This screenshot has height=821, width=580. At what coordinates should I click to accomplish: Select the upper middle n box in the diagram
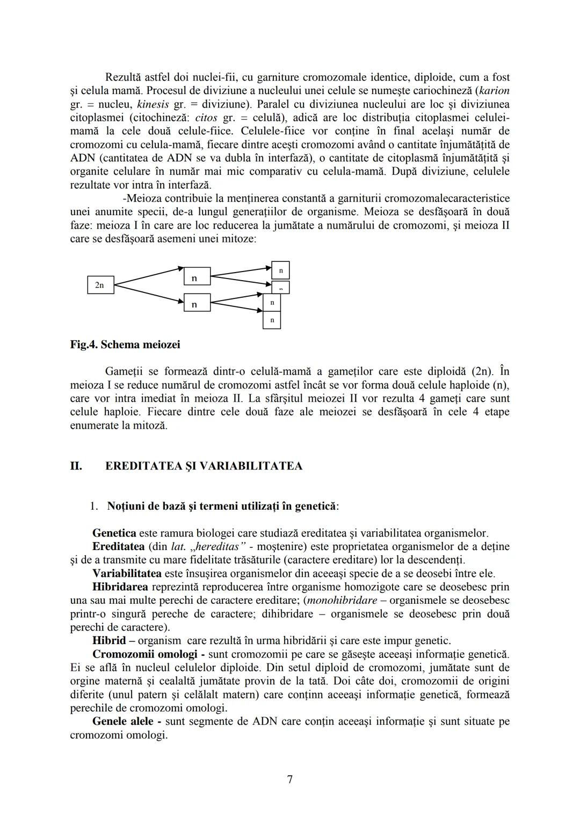click(x=197, y=276)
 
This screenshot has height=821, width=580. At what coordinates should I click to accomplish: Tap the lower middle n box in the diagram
click(x=197, y=303)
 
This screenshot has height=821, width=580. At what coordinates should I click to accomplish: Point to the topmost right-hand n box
click(x=280, y=270)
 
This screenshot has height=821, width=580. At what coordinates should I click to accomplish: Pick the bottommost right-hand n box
click(x=272, y=320)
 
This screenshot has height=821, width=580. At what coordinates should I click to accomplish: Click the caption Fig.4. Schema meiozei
click(x=125, y=345)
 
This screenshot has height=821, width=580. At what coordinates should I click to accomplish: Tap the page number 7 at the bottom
click(x=290, y=779)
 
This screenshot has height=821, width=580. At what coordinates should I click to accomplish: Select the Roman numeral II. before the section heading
click(x=76, y=466)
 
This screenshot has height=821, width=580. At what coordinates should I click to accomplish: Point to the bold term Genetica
click(x=114, y=533)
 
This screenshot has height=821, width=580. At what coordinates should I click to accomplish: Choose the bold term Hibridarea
click(x=120, y=587)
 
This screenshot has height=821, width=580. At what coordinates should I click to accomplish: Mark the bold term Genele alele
click(x=123, y=722)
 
